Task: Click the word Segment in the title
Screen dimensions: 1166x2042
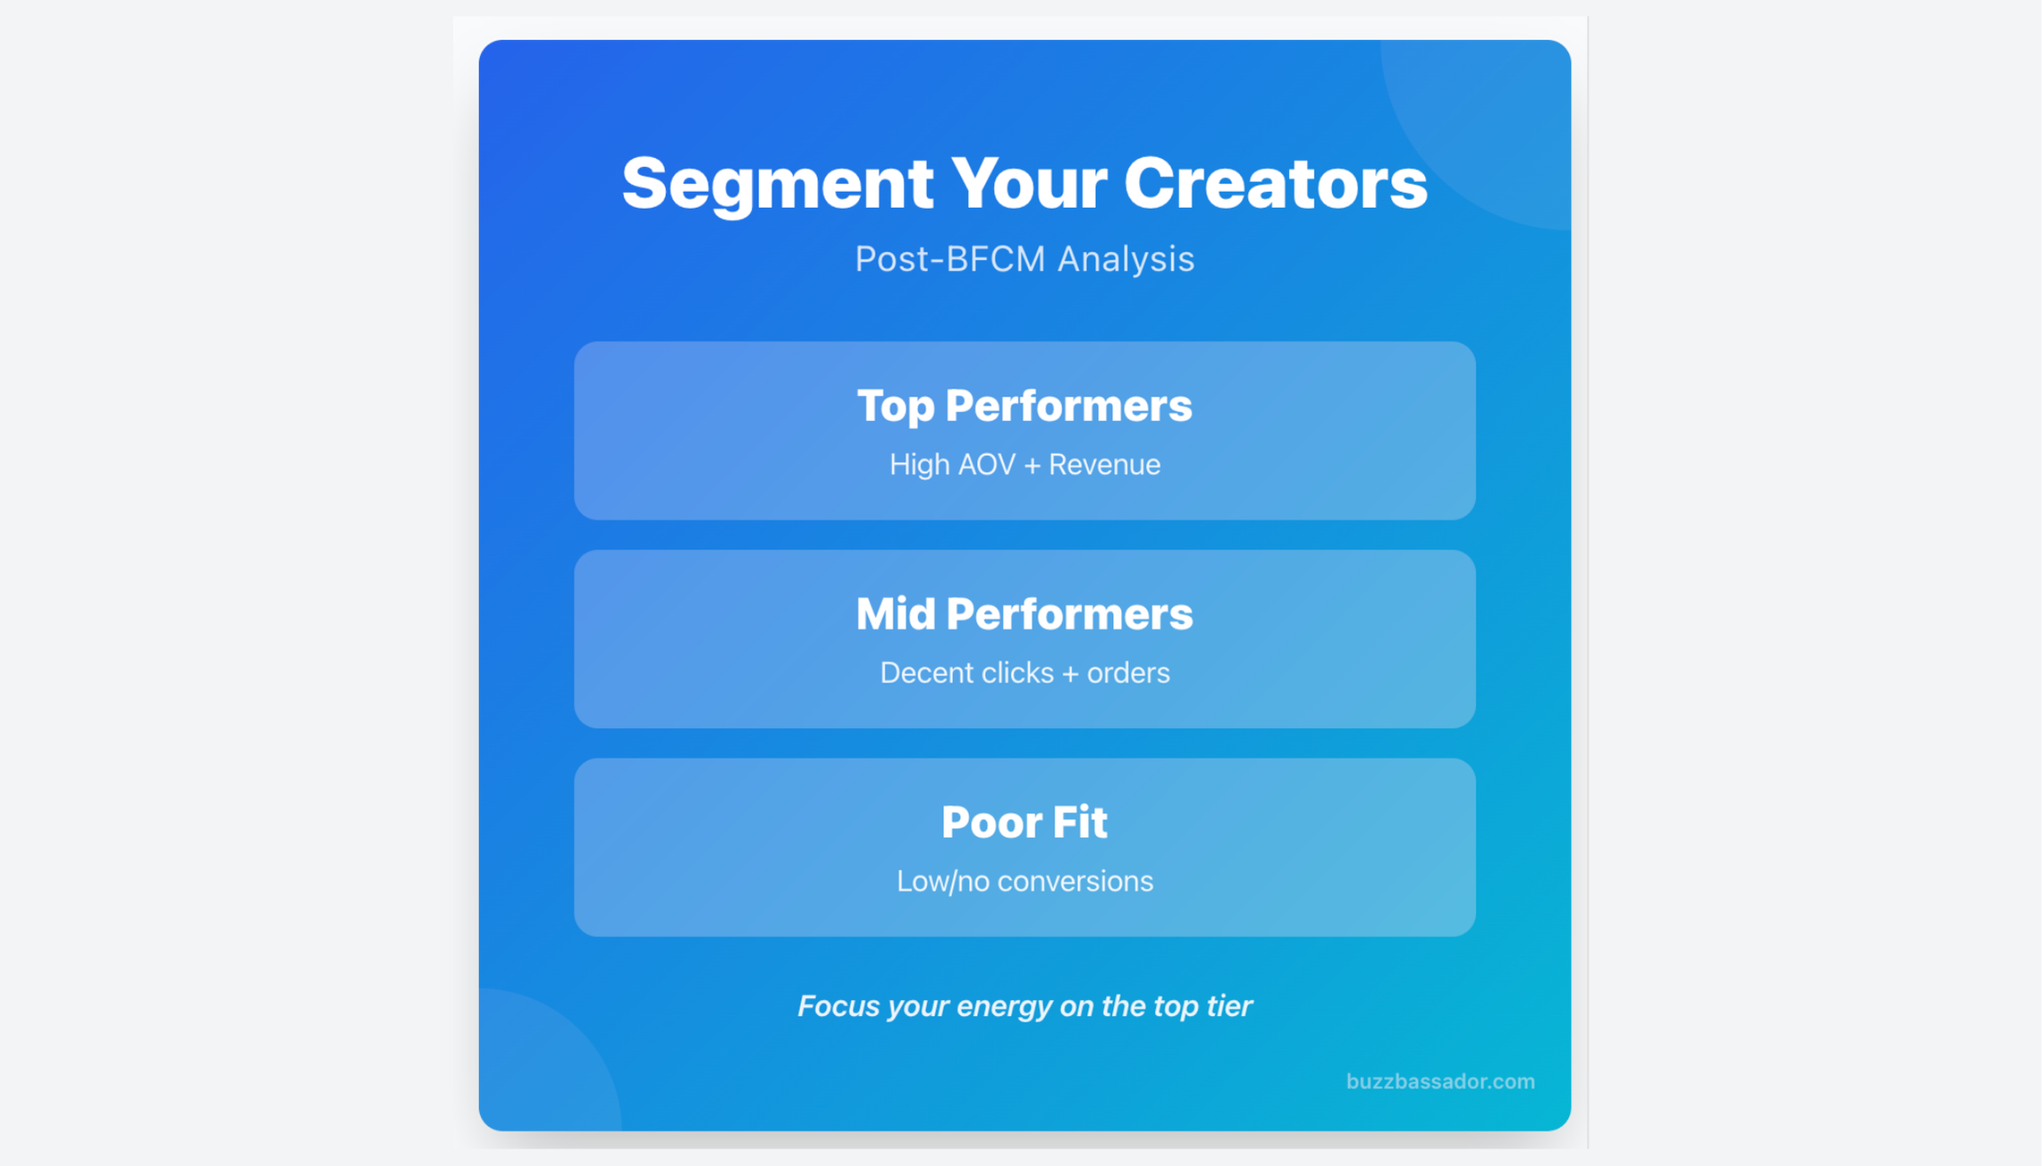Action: click(777, 184)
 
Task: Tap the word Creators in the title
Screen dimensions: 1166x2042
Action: click(1275, 184)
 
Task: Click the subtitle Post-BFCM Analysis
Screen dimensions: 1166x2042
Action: click(1024, 260)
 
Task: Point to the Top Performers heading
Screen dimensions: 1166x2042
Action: click(1024, 406)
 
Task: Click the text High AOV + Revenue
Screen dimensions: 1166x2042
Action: click(1024, 465)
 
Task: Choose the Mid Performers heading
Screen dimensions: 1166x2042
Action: click(1024, 614)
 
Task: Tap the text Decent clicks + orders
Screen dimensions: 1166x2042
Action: click(1024, 673)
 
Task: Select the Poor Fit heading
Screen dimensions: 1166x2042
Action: click(1024, 822)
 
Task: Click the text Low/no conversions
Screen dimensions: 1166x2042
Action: click(1024, 881)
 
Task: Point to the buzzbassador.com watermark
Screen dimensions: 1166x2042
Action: click(1439, 1082)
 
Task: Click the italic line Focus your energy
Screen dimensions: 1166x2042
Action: click(1024, 1006)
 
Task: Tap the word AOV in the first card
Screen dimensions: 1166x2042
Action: click(986, 465)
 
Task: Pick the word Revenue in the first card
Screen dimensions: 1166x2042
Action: click(1104, 465)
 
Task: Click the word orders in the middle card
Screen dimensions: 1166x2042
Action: click(1128, 673)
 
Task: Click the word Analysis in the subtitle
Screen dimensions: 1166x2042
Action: click(1125, 260)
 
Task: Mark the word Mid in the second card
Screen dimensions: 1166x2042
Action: click(895, 614)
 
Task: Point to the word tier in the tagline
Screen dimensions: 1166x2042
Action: click(1228, 1006)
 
